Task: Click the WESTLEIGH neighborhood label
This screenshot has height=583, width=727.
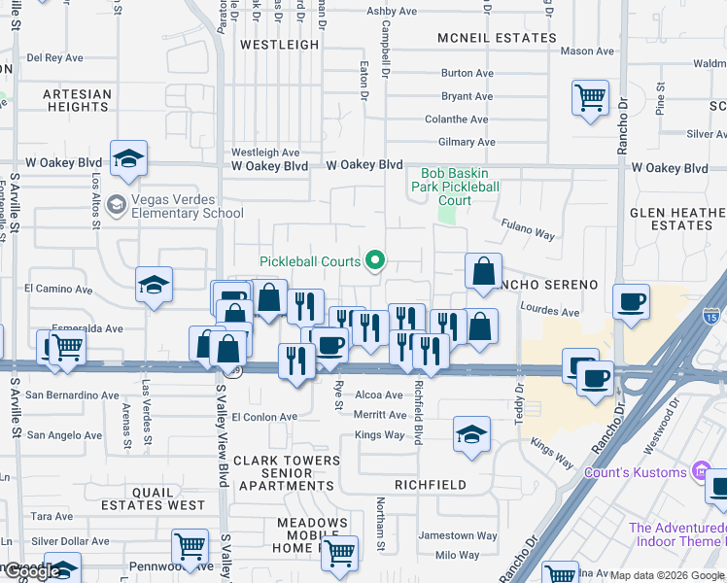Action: (279, 45)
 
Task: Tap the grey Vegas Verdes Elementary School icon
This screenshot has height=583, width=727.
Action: (116, 204)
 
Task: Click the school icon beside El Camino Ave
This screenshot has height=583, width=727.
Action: (154, 285)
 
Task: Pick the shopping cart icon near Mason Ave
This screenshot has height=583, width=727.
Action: (590, 97)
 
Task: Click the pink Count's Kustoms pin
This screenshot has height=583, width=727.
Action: (701, 472)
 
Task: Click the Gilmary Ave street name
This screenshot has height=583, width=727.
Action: (467, 142)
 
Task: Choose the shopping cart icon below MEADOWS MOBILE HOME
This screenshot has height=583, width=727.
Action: (338, 552)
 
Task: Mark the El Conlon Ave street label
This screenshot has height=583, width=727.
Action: (264, 417)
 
